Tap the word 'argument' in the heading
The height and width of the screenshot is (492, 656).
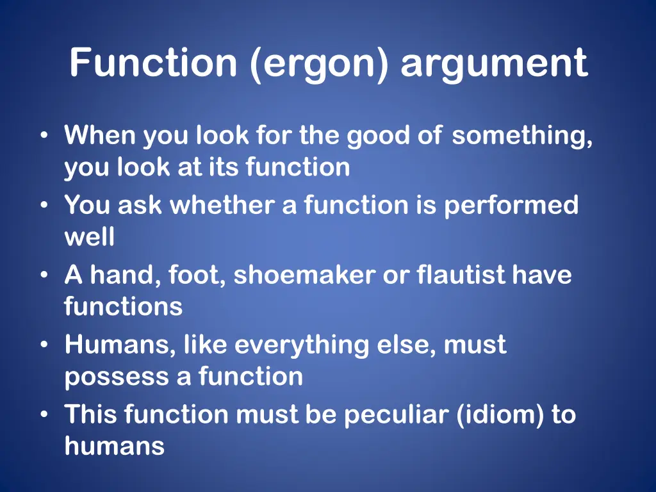pos(494,64)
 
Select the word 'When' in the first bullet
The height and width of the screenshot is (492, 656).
pos(100,136)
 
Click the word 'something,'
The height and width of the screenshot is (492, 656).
pos(522,136)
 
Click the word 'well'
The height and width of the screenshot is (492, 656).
pos(90,237)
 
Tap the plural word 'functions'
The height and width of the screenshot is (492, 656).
pos(123,306)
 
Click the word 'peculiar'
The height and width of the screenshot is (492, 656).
pos(397,415)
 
